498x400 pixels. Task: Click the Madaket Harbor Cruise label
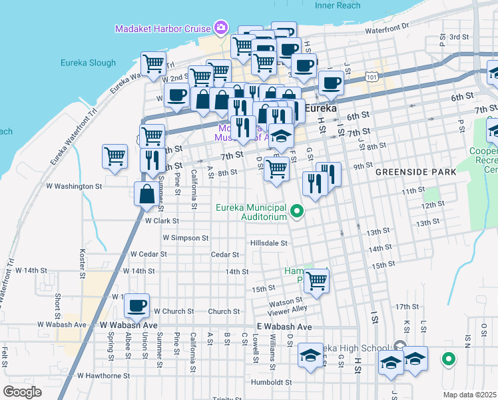(162, 28)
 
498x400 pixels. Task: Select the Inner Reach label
(337, 5)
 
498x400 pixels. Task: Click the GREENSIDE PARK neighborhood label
(415, 172)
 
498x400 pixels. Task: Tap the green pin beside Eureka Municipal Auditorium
(298, 212)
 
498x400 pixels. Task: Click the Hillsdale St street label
(268, 243)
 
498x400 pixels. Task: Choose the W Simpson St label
(186, 237)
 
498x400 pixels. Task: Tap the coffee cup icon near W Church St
(137, 305)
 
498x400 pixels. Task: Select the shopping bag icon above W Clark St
(146, 194)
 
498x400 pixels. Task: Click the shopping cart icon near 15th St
(316, 281)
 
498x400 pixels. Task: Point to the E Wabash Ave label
(284, 327)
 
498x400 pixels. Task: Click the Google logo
(22, 392)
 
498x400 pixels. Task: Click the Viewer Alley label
(288, 309)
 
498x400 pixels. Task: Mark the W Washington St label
(73, 186)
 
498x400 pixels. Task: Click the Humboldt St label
(272, 383)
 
